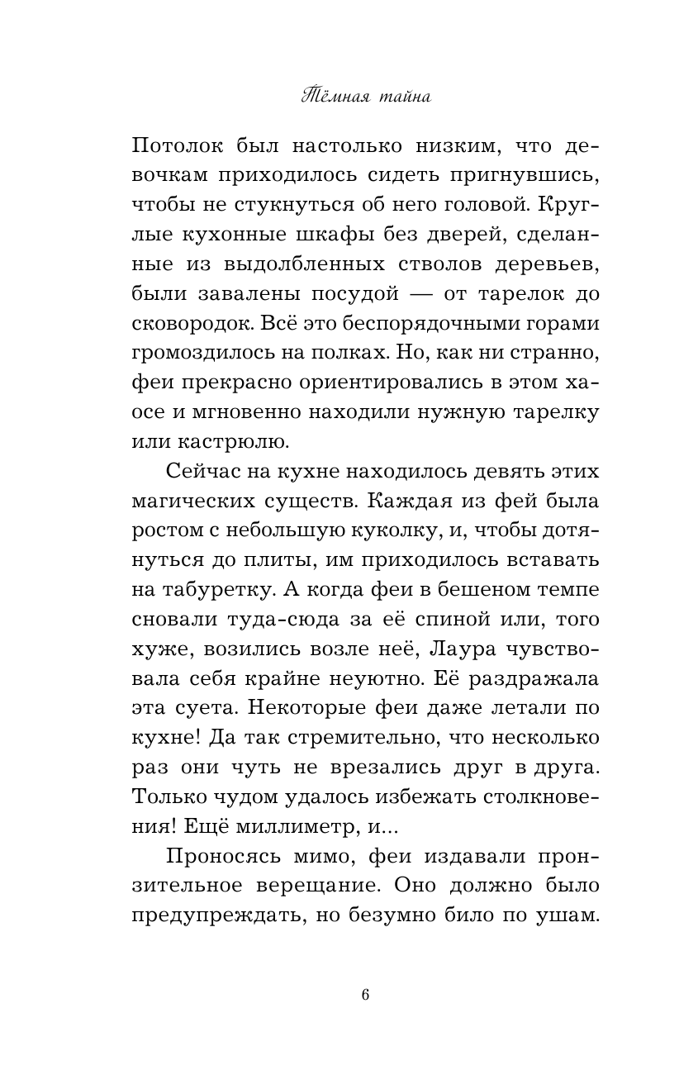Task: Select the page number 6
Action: [365, 994]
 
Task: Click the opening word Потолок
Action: [177, 148]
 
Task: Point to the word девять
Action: [479, 470]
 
